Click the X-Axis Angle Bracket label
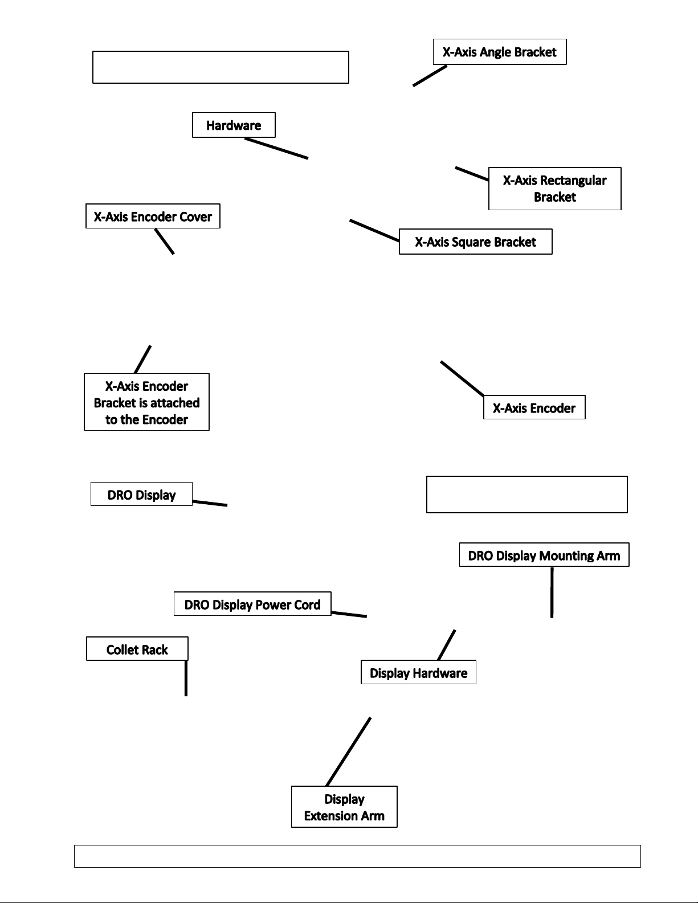(x=499, y=52)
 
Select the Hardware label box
(x=234, y=125)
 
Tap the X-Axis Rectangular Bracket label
(x=554, y=189)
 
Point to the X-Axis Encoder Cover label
(x=153, y=216)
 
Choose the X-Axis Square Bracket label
(x=476, y=242)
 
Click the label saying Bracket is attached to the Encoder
(x=146, y=402)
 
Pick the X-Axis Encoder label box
(x=534, y=407)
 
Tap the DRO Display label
(x=141, y=494)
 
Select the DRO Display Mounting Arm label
(x=544, y=555)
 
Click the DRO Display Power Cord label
(x=252, y=604)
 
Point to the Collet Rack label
(x=137, y=649)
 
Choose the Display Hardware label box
(x=418, y=672)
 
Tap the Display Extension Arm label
(x=344, y=807)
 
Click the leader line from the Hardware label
(x=276, y=148)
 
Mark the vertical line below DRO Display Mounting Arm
(x=552, y=593)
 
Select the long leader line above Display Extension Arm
(x=349, y=751)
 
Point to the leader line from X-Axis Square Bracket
(x=374, y=230)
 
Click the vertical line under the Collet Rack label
(x=186, y=678)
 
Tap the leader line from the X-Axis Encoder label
(x=463, y=378)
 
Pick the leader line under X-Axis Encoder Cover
(x=165, y=242)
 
